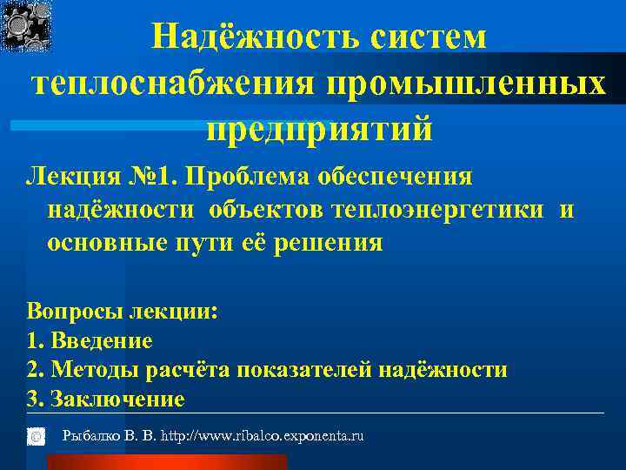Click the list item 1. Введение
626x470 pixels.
(x=90, y=340)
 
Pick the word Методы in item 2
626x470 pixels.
(x=90, y=370)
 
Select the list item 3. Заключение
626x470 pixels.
(x=106, y=399)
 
